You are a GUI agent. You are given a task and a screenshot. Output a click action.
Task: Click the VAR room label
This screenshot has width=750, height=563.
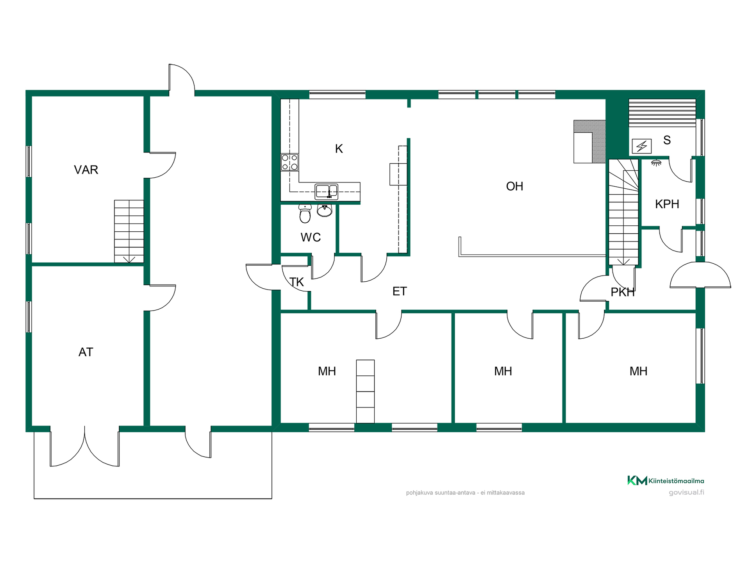click(86, 170)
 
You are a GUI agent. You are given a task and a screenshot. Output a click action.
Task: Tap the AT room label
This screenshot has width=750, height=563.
click(86, 352)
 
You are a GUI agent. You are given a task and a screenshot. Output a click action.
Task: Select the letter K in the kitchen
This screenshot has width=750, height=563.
click(339, 148)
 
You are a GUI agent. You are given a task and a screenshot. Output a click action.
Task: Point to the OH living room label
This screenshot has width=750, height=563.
click(514, 186)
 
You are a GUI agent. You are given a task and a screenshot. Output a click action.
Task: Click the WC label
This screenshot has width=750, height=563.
click(311, 237)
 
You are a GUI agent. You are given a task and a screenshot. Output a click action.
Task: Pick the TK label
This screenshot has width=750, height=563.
click(297, 282)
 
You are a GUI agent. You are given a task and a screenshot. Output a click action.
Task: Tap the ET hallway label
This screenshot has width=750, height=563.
click(400, 291)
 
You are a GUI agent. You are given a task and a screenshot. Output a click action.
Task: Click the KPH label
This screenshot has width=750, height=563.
click(667, 204)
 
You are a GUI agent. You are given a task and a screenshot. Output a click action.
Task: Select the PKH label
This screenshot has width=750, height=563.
click(623, 292)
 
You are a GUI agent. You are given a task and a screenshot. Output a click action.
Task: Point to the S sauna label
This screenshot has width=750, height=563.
click(667, 140)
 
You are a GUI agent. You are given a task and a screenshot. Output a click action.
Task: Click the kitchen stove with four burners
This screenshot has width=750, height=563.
click(289, 162)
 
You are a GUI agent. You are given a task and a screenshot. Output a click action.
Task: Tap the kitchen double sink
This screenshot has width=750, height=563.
click(327, 191)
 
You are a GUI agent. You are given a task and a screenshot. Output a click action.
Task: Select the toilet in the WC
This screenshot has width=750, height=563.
click(305, 213)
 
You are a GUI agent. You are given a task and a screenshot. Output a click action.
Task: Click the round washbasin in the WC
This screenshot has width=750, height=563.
click(325, 210)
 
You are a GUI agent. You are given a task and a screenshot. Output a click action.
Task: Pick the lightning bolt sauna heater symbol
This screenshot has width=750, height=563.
click(642, 147)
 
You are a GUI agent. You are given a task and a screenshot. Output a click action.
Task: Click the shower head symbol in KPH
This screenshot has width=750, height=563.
click(656, 163)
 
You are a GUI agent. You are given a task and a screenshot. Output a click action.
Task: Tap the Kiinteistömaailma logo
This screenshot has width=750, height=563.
click(666, 481)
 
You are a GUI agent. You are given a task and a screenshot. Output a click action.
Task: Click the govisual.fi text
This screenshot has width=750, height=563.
click(686, 492)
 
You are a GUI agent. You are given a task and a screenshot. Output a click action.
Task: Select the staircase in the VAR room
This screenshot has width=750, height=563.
click(129, 231)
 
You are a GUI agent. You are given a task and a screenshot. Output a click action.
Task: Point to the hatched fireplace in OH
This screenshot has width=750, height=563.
click(589, 141)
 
